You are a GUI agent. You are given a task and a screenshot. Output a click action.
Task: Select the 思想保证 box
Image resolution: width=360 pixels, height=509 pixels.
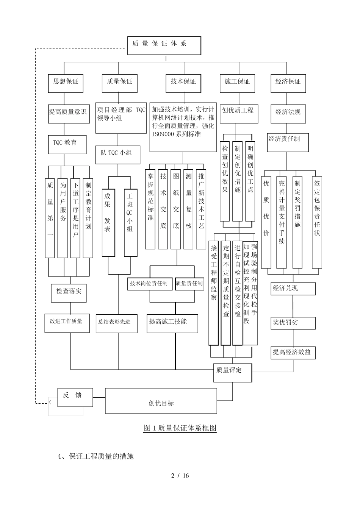click(x=66, y=82)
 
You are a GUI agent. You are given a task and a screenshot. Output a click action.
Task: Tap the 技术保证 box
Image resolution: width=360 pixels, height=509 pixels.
click(x=183, y=82)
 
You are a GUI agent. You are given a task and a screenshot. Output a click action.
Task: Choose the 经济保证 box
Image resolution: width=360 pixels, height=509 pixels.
click(x=288, y=82)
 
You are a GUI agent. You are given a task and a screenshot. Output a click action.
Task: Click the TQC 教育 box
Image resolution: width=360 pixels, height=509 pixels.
click(x=67, y=144)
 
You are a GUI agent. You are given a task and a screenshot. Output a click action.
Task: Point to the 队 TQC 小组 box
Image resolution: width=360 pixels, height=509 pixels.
click(x=117, y=154)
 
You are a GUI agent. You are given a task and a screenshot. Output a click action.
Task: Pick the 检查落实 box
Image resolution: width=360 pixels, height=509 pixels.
click(x=69, y=292)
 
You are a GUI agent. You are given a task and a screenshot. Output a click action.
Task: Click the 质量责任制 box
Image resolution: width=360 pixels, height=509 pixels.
click(x=189, y=284)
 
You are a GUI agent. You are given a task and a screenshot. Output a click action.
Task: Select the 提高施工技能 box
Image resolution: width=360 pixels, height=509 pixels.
click(x=172, y=323)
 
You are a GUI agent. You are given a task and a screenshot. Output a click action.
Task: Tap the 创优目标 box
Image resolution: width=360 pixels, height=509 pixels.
click(x=161, y=404)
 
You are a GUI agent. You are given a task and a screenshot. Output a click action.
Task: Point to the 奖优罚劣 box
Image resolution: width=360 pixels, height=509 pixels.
click(x=293, y=323)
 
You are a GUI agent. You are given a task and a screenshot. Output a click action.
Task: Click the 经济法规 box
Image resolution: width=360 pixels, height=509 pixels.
click(x=288, y=113)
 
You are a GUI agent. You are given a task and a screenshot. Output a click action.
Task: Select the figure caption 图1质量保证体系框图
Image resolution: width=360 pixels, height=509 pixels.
click(x=180, y=428)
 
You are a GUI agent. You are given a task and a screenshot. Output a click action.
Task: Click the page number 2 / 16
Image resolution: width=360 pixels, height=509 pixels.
click(x=180, y=476)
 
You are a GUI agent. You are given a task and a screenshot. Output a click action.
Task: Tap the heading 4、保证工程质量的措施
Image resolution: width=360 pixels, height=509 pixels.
click(x=96, y=456)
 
